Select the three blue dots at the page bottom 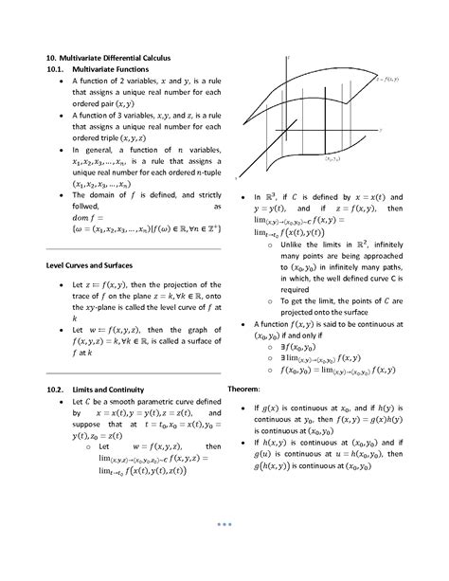pos(224,523)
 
